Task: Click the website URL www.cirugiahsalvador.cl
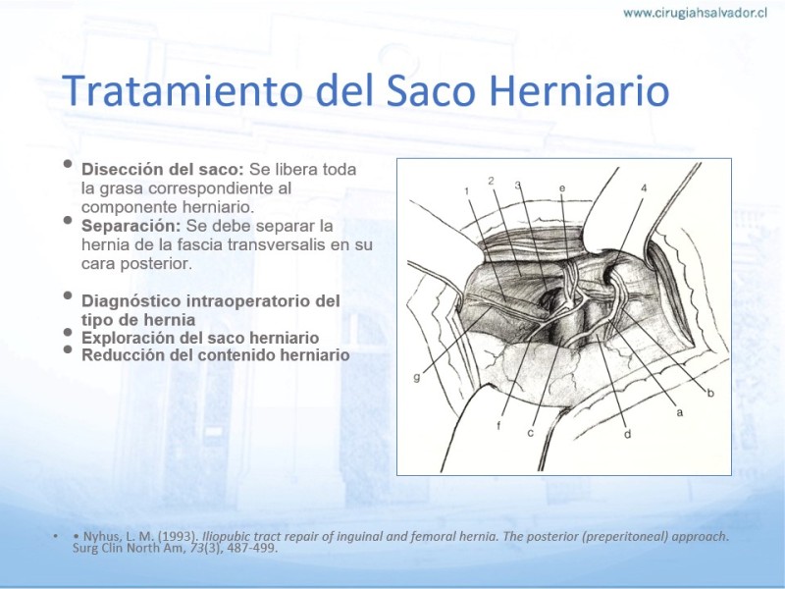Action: tap(696, 13)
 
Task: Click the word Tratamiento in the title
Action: tap(183, 90)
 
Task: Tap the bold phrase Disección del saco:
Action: tap(163, 169)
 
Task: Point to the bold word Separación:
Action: tap(131, 226)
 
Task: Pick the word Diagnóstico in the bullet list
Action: tap(131, 301)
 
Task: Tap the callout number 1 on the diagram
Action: tap(467, 190)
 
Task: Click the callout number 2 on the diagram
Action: tap(492, 181)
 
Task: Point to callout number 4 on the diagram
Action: tap(644, 188)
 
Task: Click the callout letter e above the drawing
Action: tap(562, 188)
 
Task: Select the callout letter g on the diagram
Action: tap(416, 378)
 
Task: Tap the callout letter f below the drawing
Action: tap(498, 425)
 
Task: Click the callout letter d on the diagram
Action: tap(627, 434)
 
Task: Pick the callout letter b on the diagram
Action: tap(709, 394)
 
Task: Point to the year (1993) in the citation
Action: tap(179, 536)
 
